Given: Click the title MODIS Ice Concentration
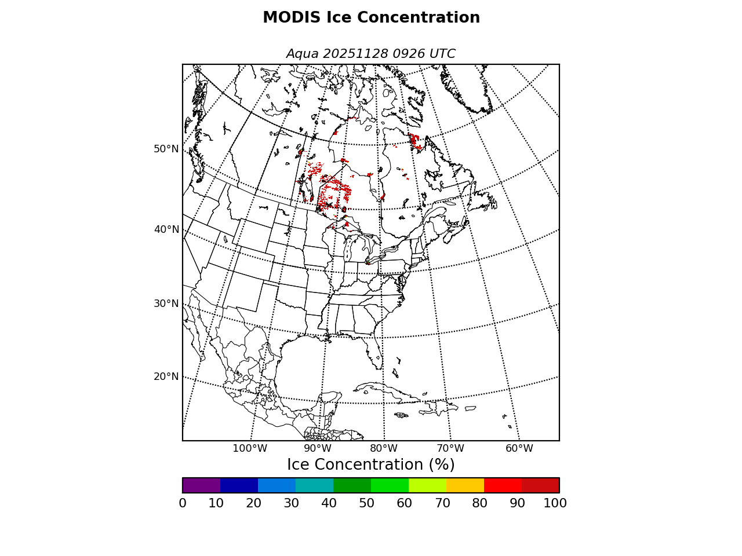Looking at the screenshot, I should [x=371, y=18].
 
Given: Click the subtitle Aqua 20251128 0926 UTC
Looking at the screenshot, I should [x=371, y=54].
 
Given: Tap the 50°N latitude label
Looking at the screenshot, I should [x=166, y=149].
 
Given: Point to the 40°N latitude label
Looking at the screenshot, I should [x=166, y=230].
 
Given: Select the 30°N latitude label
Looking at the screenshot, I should [x=166, y=303].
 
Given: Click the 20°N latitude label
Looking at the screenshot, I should [x=166, y=376].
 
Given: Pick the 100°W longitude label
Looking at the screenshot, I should [x=250, y=448].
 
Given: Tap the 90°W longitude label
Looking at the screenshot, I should [x=318, y=448].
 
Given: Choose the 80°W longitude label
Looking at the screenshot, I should [x=384, y=448].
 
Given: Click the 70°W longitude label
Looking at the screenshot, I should [x=450, y=448].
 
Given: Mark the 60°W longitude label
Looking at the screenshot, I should [x=519, y=448].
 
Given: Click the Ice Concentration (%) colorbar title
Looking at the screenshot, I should [x=371, y=465].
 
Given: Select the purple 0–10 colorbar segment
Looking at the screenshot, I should [x=201, y=485].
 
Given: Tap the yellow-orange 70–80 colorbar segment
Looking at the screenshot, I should [x=465, y=485].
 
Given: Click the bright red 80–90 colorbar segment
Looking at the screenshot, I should [x=503, y=485].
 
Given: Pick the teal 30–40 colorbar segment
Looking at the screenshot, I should [x=314, y=485].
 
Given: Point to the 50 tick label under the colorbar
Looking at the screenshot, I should [x=366, y=503].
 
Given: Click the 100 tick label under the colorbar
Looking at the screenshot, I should [x=555, y=503].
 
